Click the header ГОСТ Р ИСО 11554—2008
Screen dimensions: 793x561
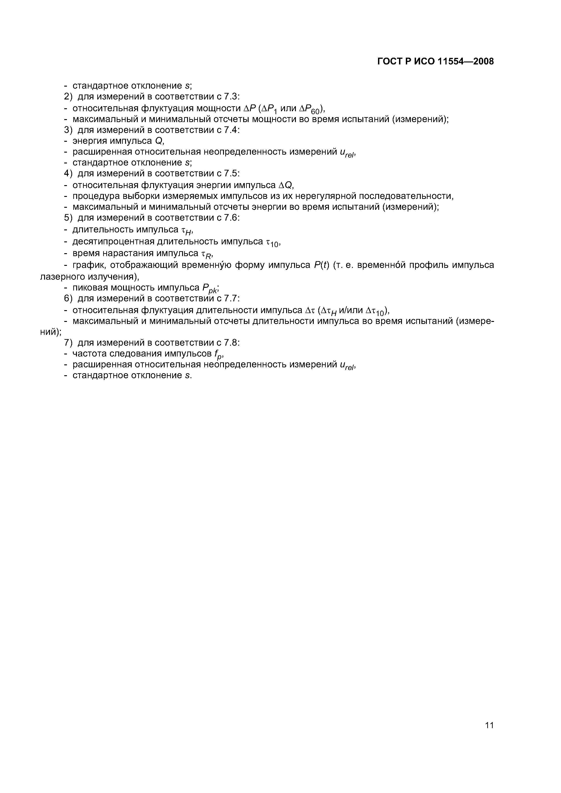point(435,61)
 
